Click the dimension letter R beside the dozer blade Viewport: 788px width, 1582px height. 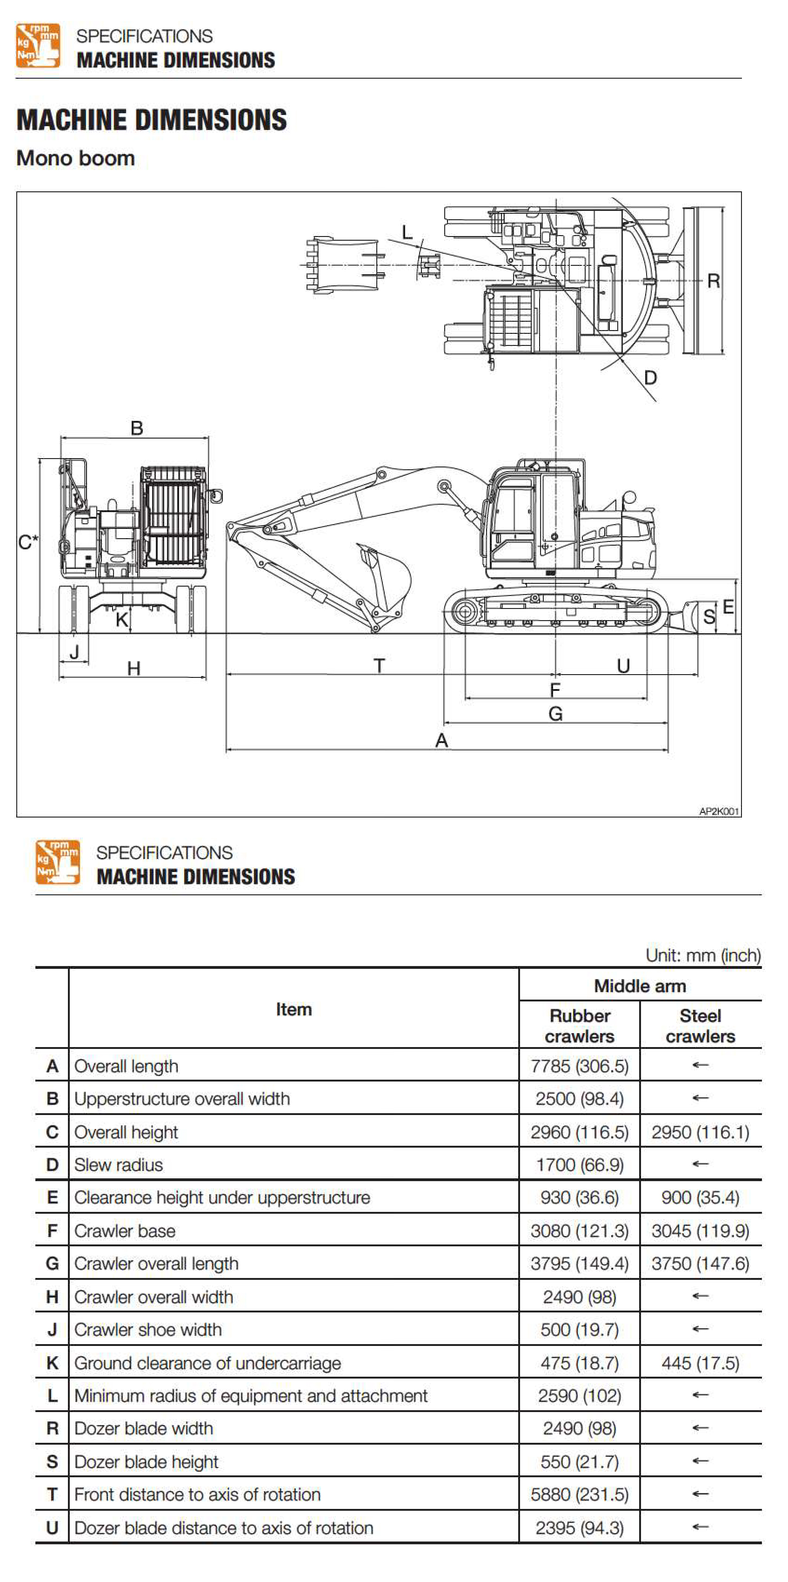tap(713, 281)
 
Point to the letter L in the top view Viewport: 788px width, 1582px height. tap(407, 232)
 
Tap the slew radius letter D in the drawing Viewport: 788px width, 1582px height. tap(650, 378)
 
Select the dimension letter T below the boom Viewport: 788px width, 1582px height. tap(379, 666)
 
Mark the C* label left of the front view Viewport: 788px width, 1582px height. tap(27, 541)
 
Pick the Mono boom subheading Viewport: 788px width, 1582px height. tap(75, 158)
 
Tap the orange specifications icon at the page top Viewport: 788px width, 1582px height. tap(38, 46)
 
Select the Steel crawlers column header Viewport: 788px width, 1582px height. tap(700, 1026)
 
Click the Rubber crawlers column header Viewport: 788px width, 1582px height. tap(579, 1026)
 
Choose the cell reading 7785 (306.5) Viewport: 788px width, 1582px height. tap(579, 1066)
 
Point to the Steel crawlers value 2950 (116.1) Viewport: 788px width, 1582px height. tap(700, 1132)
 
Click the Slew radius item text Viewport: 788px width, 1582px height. tap(119, 1165)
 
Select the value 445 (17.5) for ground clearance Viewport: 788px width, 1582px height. tap(700, 1363)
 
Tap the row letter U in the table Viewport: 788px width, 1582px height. tap(52, 1528)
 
